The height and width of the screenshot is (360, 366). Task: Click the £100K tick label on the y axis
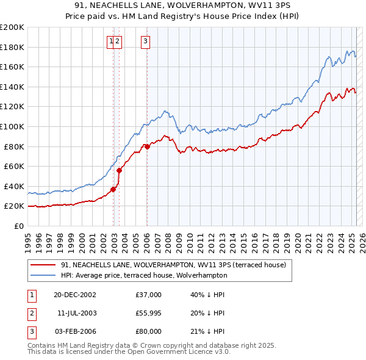point(12,126)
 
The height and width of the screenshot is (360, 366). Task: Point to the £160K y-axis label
point(12,67)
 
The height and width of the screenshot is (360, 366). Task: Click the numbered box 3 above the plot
point(146,41)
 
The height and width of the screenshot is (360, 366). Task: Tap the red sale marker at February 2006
point(147,146)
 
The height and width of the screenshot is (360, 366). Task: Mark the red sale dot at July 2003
point(120,170)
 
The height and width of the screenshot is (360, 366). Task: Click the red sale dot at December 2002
point(113,189)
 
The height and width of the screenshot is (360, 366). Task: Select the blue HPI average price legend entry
point(143,275)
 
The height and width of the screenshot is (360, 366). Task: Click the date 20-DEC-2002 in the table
point(74,295)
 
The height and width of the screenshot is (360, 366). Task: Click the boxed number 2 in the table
point(31,313)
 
